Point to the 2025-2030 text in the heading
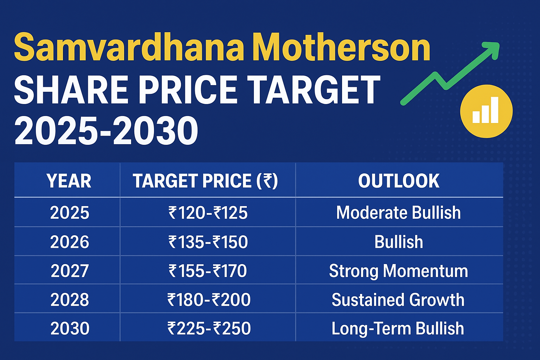click(106, 131)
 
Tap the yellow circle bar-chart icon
click(486, 111)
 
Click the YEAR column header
click(69, 181)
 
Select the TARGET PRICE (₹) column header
click(205, 181)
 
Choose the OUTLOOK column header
click(399, 181)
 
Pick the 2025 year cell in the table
click(70, 213)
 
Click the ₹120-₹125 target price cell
click(208, 213)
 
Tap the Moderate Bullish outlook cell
click(398, 213)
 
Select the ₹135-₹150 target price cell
click(208, 242)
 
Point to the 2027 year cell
click(70, 271)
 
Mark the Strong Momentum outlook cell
click(398, 271)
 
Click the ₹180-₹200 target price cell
click(209, 300)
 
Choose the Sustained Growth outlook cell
click(398, 300)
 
